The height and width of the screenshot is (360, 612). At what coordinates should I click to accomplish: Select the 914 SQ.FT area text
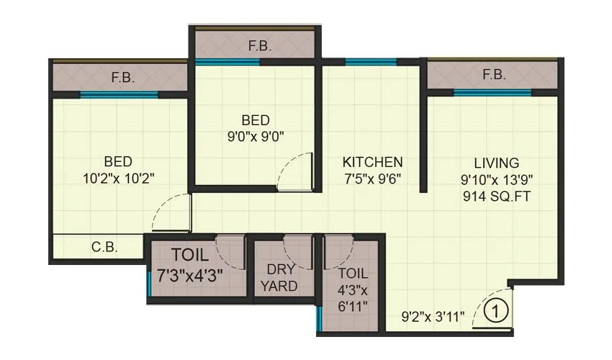click(x=497, y=196)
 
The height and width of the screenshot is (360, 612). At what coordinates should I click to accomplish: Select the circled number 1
click(x=494, y=312)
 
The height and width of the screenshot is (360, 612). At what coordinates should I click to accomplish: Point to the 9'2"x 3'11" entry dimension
click(x=433, y=315)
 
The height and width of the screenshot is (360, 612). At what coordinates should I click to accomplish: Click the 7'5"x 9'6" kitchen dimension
click(x=372, y=177)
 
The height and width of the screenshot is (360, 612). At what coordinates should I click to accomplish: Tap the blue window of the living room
click(x=492, y=92)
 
